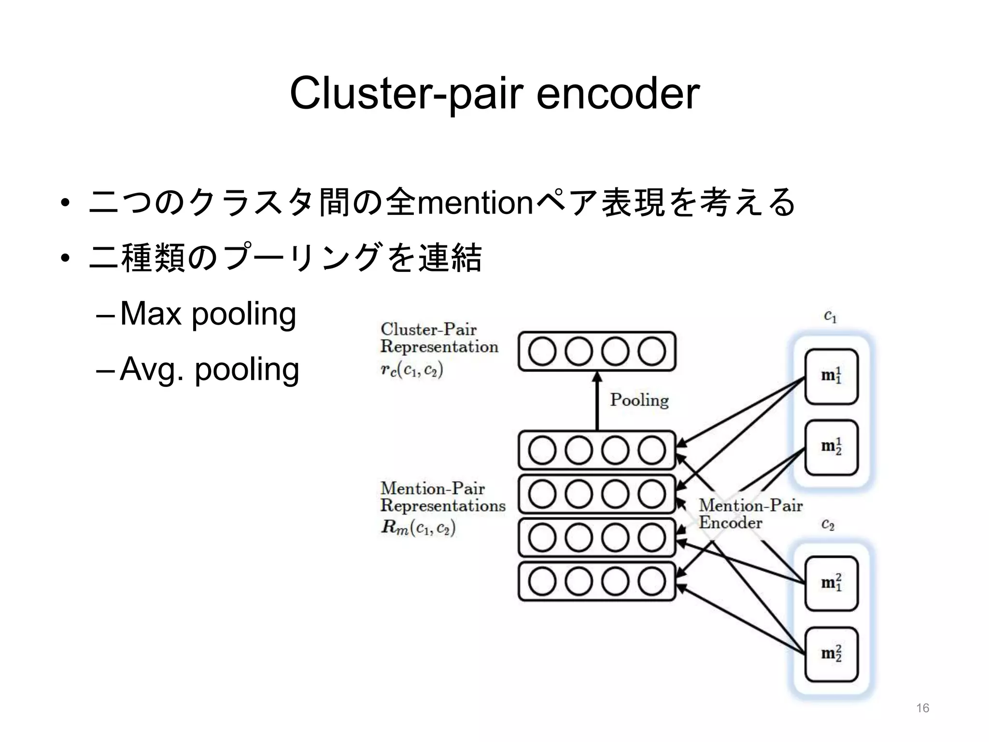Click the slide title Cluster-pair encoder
(494, 93)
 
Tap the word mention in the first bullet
(475, 203)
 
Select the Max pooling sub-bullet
(208, 314)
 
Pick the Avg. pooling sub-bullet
(209, 370)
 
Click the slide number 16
(922, 708)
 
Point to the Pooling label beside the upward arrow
(639, 400)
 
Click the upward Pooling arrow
(597, 401)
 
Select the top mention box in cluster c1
(831, 376)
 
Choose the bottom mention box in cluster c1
(831, 447)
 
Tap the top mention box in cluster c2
(831, 584)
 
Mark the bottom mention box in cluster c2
(831, 654)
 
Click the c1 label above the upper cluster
(830, 317)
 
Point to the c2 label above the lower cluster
(828, 525)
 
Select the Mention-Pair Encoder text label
(750, 514)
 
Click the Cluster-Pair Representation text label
(438, 338)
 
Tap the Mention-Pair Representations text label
(442, 497)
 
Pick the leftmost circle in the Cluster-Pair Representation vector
(542, 351)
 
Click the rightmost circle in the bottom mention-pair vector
(652, 582)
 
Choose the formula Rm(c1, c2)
(418, 528)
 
